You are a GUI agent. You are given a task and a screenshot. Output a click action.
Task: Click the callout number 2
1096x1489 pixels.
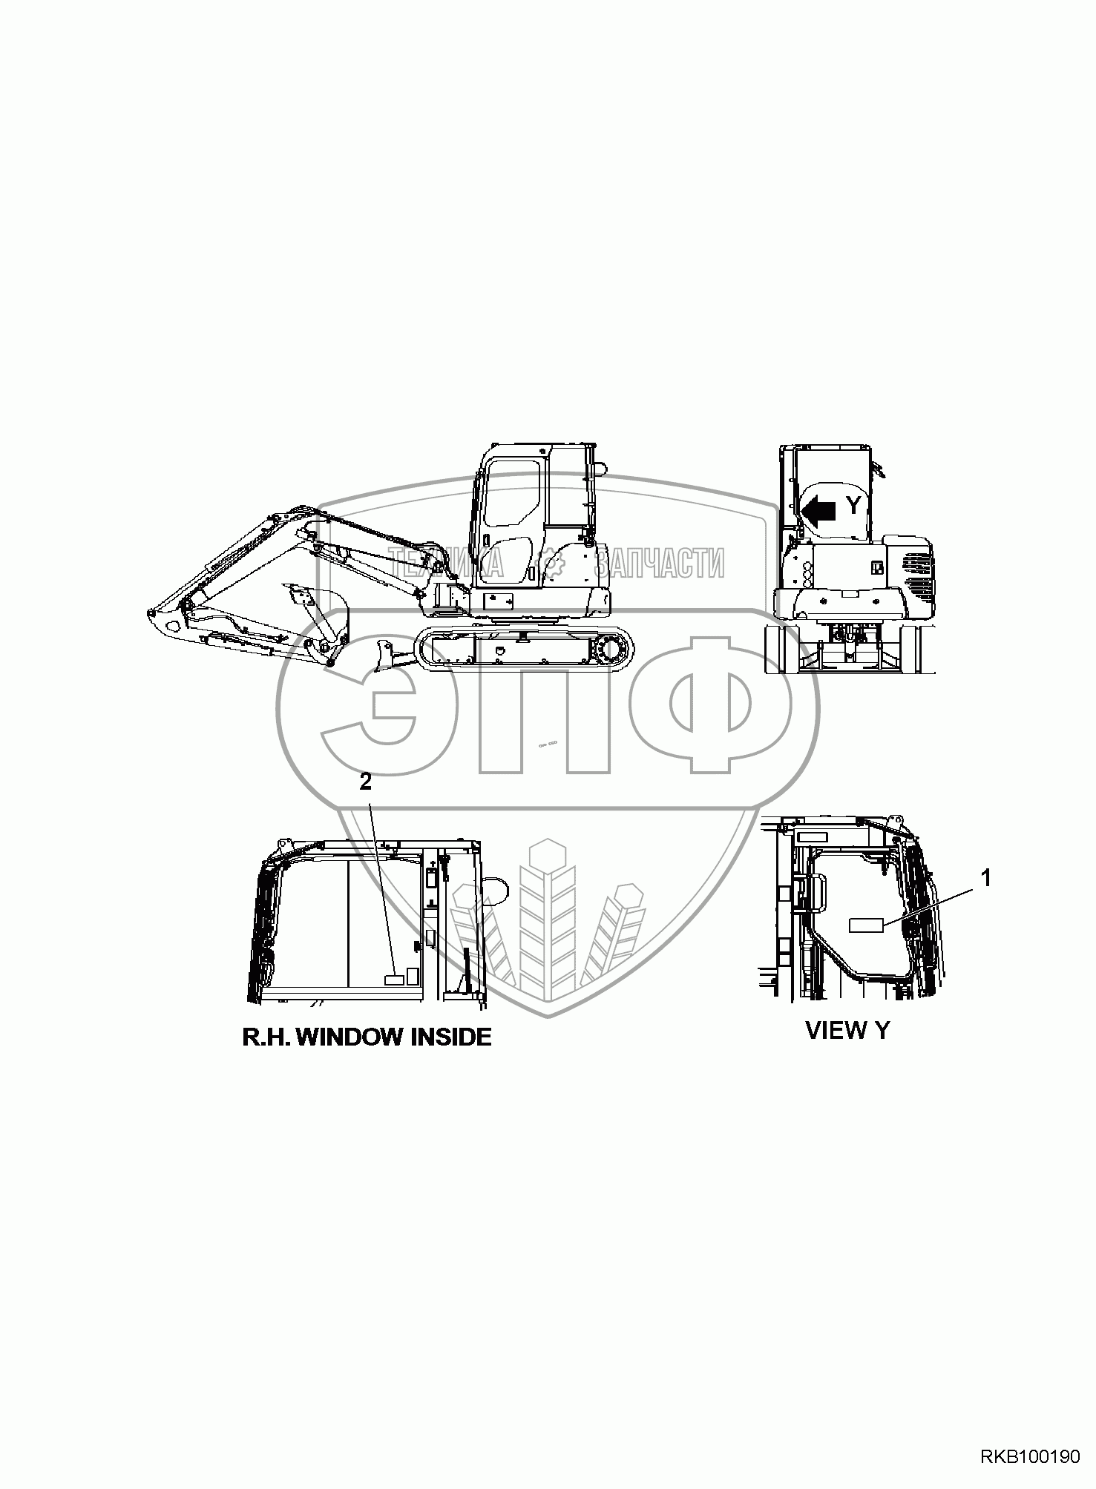tap(365, 783)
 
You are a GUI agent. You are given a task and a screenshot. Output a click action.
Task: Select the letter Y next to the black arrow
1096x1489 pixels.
tap(854, 506)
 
